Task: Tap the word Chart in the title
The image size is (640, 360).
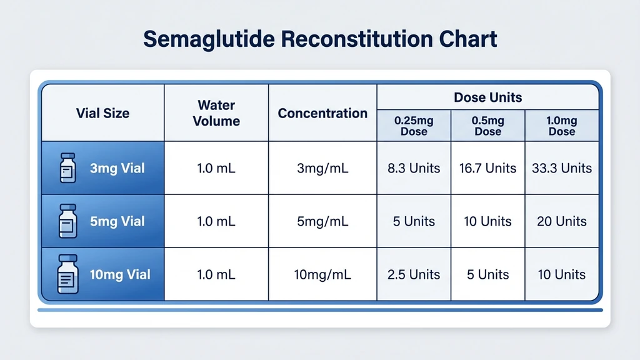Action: [466, 39]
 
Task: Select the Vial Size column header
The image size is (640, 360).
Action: [102, 113]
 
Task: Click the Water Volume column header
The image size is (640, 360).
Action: [216, 113]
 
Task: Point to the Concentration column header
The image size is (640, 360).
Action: [322, 113]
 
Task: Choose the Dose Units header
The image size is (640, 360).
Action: [487, 97]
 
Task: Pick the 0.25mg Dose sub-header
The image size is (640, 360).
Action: [414, 126]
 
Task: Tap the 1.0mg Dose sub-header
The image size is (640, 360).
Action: [562, 126]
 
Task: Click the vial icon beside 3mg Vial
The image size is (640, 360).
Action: [67, 168]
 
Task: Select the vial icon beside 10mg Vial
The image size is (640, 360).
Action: [67, 274]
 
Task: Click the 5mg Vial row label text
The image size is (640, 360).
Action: [117, 221]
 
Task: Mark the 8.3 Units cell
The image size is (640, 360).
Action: [414, 168]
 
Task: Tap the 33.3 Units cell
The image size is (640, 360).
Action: [562, 168]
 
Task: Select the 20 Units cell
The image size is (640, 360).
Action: [562, 221]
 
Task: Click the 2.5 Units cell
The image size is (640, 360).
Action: [414, 274]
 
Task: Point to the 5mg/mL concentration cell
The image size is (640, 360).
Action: [322, 221]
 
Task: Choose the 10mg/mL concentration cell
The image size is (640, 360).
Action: [322, 274]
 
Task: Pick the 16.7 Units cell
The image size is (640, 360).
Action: [487, 168]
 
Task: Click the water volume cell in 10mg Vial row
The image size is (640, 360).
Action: [216, 274]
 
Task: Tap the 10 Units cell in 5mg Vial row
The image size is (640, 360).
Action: [487, 221]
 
